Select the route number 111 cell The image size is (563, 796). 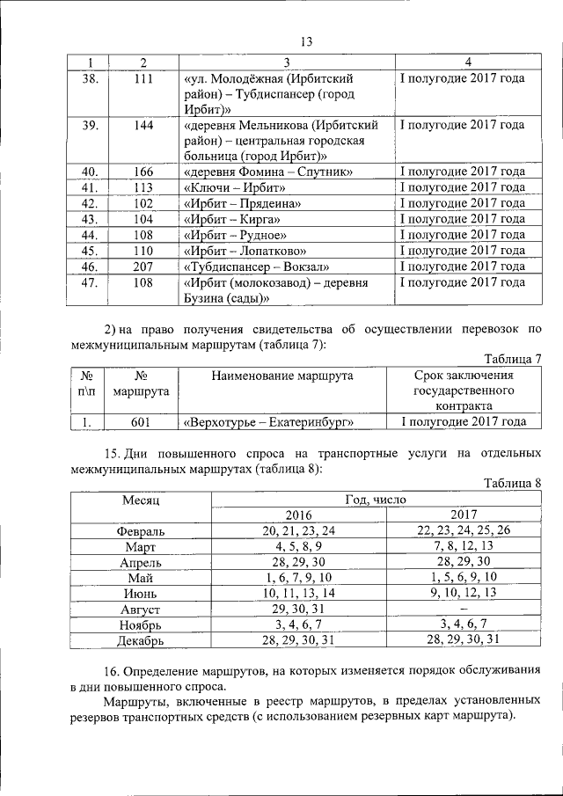(143, 78)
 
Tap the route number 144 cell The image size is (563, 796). (143, 125)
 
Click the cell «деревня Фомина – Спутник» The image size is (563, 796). (268, 171)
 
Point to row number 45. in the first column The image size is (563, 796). (89, 251)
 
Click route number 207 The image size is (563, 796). (143, 267)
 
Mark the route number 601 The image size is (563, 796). (143, 422)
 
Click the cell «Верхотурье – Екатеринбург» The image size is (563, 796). (268, 422)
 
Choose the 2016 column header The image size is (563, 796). (299, 515)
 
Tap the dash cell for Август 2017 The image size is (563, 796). (464, 609)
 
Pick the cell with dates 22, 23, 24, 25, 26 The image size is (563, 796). (464, 530)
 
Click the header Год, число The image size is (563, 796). (381, 499)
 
